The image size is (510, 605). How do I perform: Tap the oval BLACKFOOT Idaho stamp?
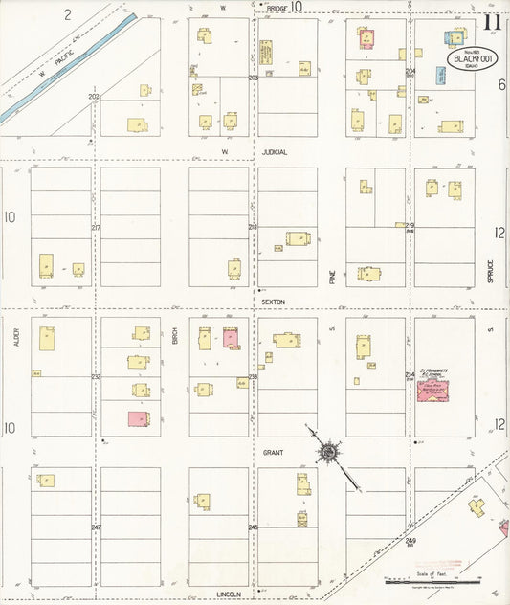point(467,56)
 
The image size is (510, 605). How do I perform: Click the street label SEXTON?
point(273,301)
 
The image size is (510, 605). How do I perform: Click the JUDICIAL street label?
point(275,151)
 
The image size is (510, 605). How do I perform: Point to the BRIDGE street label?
point(277,8)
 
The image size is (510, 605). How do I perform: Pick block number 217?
point(96,227)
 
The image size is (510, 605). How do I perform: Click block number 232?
point(96,377)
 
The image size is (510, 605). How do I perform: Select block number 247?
point(96,527)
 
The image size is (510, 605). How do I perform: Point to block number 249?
point(410,542)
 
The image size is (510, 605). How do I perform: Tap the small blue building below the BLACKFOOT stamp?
point(441,76)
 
